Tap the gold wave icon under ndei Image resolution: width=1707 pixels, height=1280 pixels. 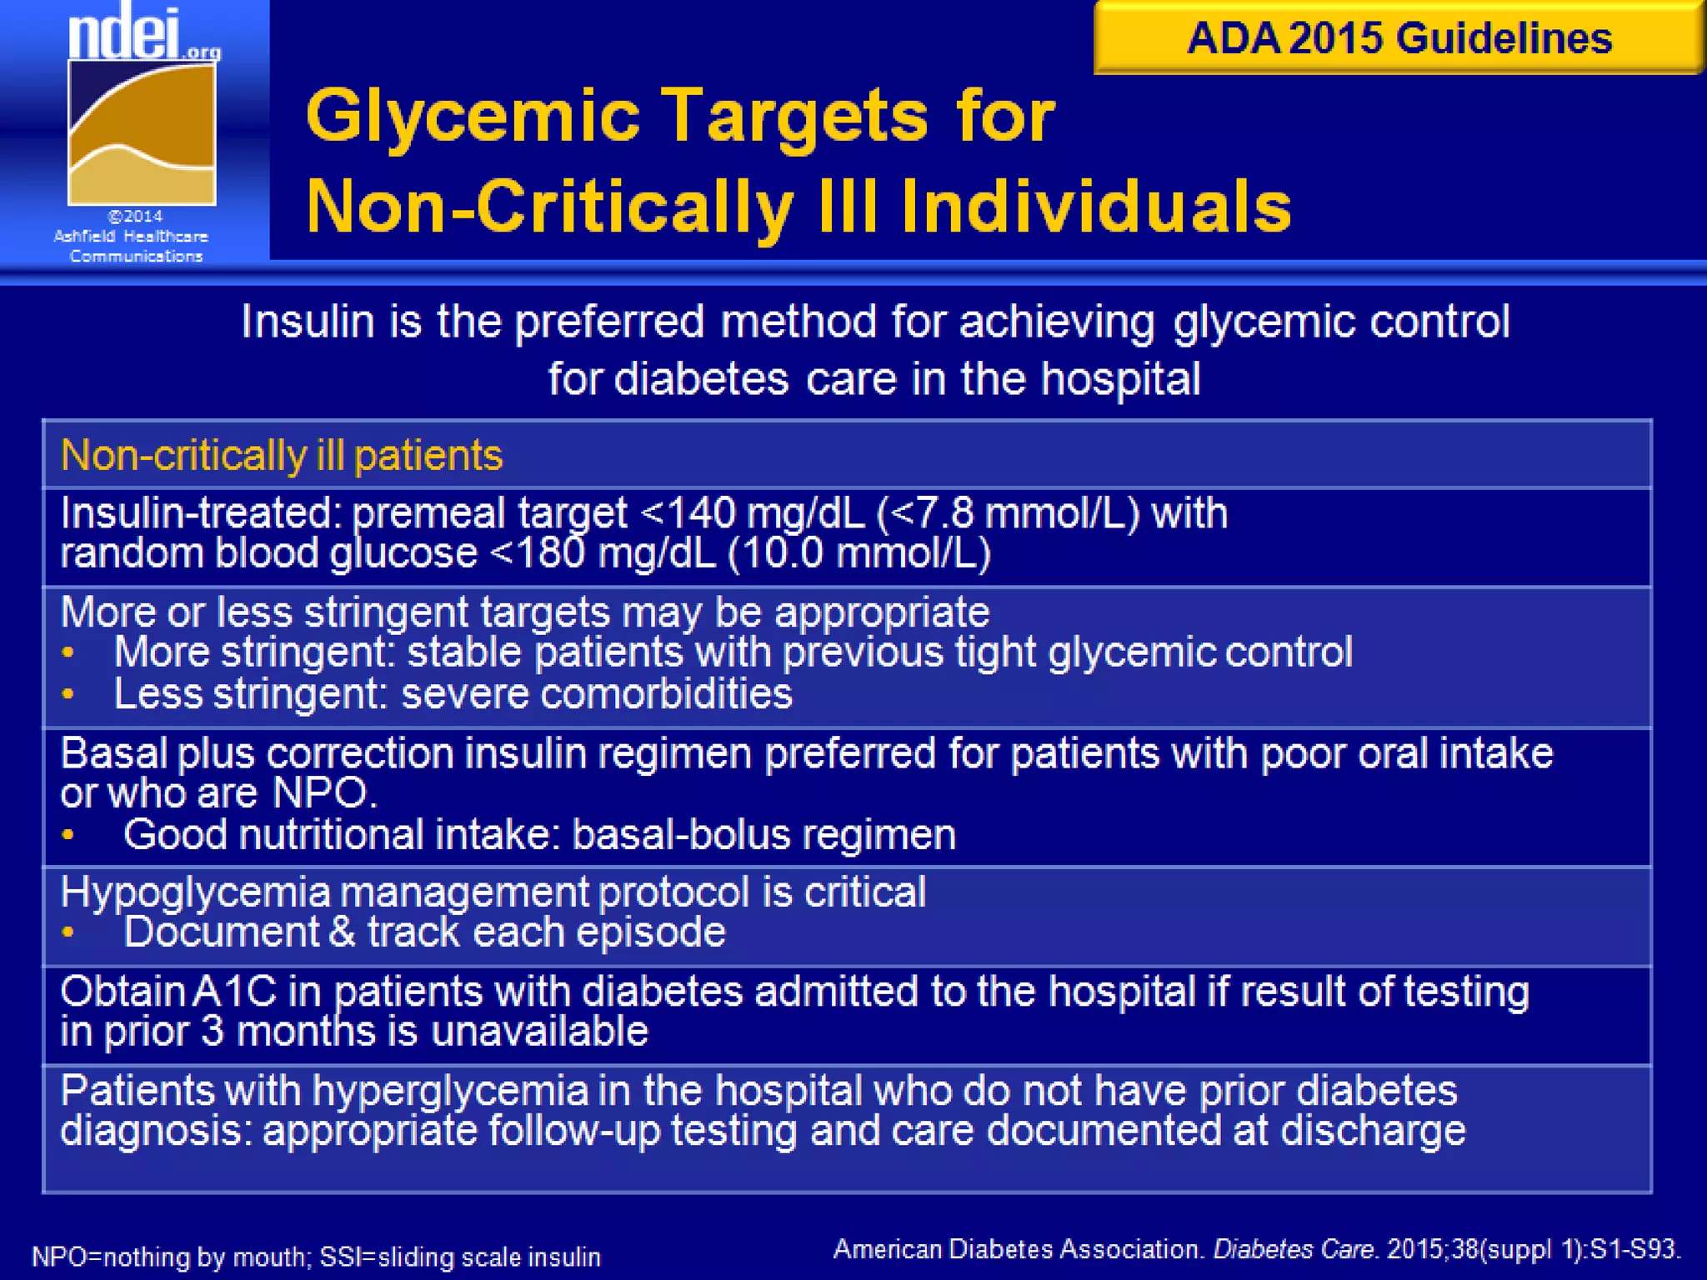(142, 133)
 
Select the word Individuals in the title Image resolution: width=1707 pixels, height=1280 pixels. (1095, 206)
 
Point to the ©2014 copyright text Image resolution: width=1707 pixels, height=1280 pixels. (136, 217)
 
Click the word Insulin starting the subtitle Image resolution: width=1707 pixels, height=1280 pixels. (307, 322)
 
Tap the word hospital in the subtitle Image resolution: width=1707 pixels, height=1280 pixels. (1120, 379)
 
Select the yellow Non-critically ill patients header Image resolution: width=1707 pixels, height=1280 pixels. (282, 456)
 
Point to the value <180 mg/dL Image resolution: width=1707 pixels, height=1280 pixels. (603, 553)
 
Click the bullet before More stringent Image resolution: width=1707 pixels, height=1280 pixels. (68, 652)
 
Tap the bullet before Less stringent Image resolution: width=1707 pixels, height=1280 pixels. (68, 693)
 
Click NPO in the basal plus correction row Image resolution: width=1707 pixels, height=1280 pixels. (322, 793)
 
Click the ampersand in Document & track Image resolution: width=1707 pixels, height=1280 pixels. (342, 932)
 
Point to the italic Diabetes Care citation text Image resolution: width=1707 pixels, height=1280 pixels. (1293, 1249)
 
